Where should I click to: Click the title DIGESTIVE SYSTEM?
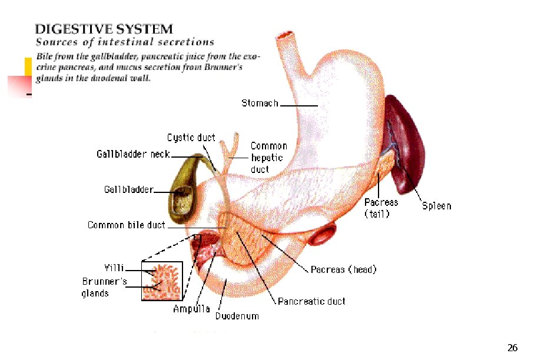pos(104,28)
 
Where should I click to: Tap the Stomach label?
pos(259,104)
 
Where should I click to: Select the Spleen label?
pos(436,206)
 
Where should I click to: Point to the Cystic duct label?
pos(191,138)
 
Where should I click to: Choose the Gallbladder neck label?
pos(133,154)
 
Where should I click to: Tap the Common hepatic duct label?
pos(268,157)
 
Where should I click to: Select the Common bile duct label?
pos(126,225)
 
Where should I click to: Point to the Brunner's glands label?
pos(104,287)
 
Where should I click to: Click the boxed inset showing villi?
pos(161,280)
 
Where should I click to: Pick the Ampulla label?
pos(191,309)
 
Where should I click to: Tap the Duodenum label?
pos(237,316)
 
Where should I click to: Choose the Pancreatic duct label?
pos(311,301)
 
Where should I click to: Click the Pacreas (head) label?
pos(343,270)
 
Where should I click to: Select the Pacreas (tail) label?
pos(381,208)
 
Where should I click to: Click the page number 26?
pos(512,348)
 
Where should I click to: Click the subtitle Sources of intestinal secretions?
pos(125,42)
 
